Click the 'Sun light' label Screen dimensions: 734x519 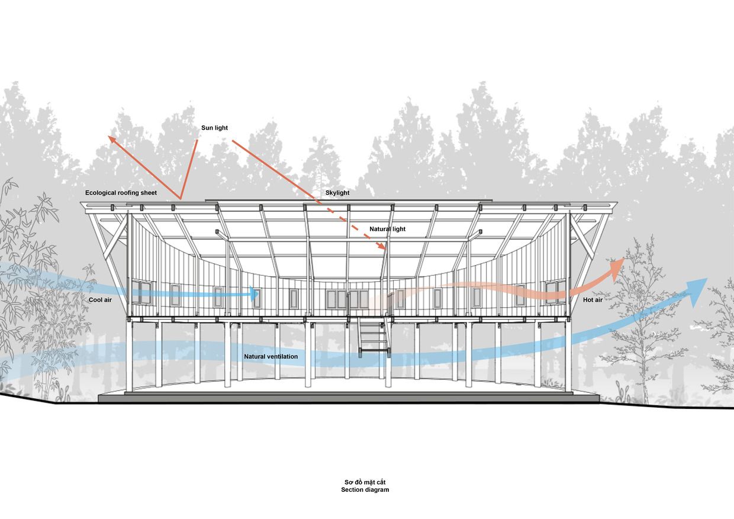pyautogui.click(x=214, y=128)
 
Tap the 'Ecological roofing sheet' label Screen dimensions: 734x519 pyautogui.click(x=121, y=193)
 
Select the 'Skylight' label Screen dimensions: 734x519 pyautogui.click(x=337, y=193)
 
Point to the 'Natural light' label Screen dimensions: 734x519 pyautogui.click(x=387, y=229)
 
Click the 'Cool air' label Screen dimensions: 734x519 pyautogui.click(x=100, y=300)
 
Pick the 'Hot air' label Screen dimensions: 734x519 pyautogui.click(x=593, y=300)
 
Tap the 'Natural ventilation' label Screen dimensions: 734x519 pyautogui.click(x=271, y=356)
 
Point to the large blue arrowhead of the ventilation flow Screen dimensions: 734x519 pyautogui.click(x=696, y=291)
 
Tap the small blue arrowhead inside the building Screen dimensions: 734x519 pyautogui.click(x=255, y=294)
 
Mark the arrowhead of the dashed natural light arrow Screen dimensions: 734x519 pyautogui.click(x=381, y=246)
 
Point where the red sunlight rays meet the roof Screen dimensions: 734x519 pyautogui.click(x=180, y=199)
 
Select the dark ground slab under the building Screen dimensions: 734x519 pyautogui.click(x=349, y=398)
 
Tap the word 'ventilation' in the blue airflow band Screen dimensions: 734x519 pyautogui.click(x=282, y=356)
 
